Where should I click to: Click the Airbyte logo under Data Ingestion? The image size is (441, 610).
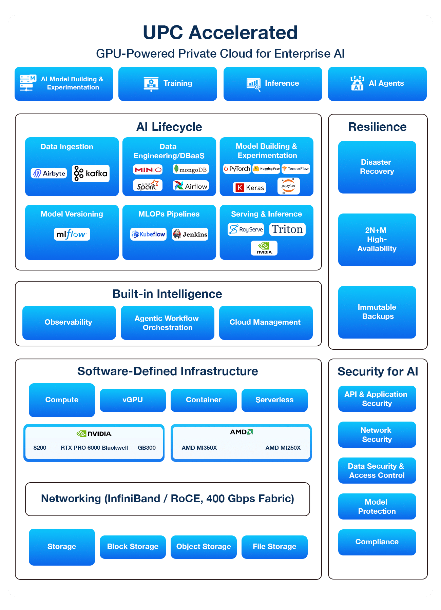point(49,173)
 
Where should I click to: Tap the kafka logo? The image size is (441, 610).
point(91,174)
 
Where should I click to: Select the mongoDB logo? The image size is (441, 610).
point(190,169)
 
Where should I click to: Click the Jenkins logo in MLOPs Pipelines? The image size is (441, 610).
point(190,234)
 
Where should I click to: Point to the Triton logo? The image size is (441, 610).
point(287,229)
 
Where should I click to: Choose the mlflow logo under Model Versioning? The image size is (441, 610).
point(72,234)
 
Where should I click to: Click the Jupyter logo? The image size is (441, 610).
point(288,186)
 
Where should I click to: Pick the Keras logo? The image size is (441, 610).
point(249,187)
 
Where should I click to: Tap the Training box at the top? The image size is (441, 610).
point(168,84)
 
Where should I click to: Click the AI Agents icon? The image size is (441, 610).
point(357,83)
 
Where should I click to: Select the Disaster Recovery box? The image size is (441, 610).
point(377,167)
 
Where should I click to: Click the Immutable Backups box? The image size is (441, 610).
point(377,312)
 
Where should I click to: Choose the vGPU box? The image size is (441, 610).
point(133,400)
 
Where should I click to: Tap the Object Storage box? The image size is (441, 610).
point(204,547)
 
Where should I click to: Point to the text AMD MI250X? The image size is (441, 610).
point(283,448)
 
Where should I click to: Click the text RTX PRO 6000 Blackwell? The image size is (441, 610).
point(94,448)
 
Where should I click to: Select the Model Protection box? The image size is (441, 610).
point(377,507)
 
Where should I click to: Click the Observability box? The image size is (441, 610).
point(69,323)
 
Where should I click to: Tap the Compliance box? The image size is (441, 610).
point(377,542)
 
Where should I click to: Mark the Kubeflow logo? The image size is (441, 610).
point(148,234)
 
